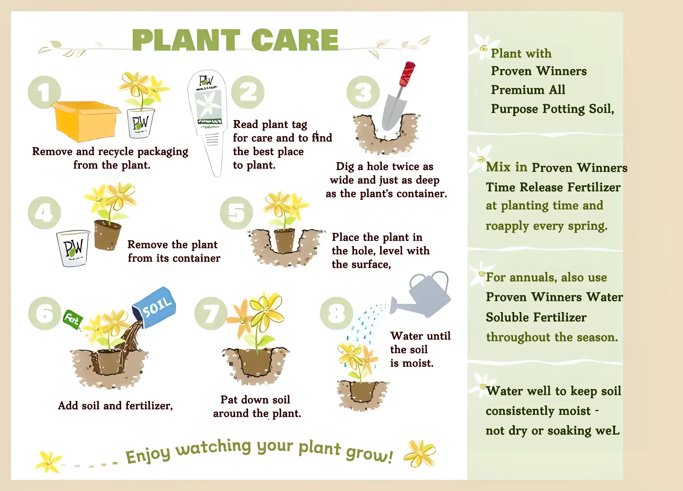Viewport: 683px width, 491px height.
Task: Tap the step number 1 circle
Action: pos(44,92)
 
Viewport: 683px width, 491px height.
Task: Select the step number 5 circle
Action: pos(237,213)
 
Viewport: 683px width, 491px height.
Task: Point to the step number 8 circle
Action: pos(336,314)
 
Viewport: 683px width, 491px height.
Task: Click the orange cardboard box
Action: pos(86,121)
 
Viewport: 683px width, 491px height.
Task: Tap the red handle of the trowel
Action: pos(407,74)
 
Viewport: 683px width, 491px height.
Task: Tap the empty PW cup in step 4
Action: pos(73,248)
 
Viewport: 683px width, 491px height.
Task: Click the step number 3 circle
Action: pos(363,92)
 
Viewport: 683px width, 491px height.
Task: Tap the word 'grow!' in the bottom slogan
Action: pos(369,454)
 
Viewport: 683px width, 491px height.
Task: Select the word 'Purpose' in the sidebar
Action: pos(514,109)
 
